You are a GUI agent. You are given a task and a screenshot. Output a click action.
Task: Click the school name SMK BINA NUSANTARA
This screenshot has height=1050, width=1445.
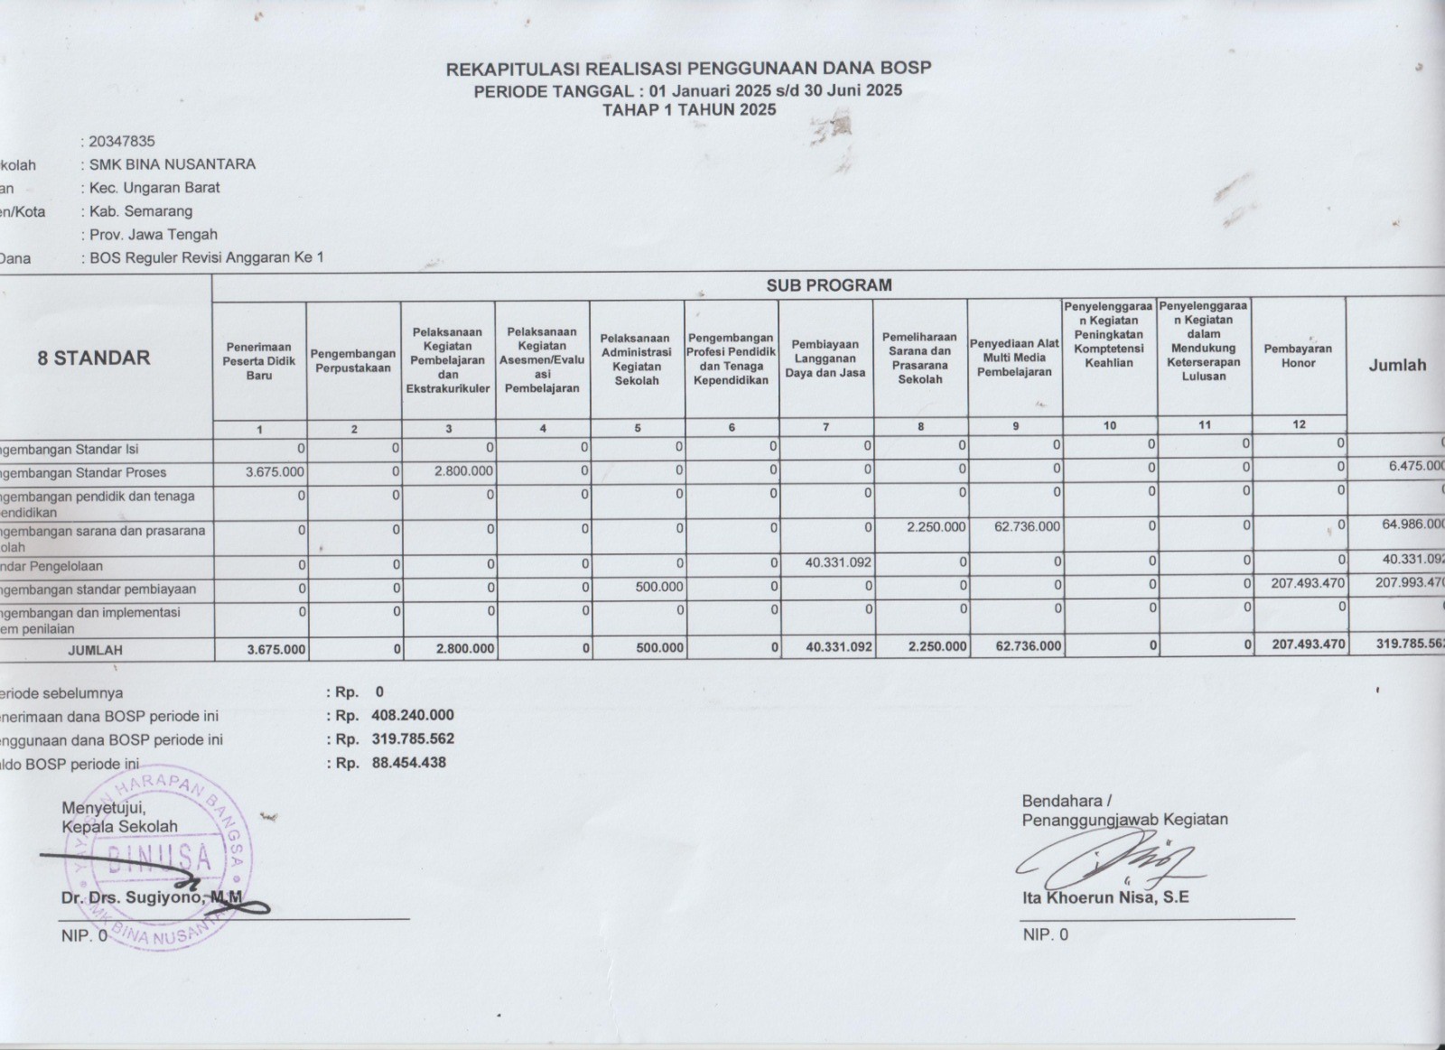[172, 164]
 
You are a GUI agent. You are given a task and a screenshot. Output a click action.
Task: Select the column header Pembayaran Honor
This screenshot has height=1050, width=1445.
[1298, 356]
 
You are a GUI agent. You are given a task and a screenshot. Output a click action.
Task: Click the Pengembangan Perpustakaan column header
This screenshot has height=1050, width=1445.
[353, 360]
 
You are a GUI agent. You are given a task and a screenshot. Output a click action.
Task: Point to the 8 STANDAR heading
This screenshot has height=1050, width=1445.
[94, 358]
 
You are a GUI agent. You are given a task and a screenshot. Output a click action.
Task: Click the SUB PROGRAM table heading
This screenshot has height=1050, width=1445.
[828, 285]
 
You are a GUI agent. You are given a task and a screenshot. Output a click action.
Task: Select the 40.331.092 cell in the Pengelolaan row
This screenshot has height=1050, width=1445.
[838, 562]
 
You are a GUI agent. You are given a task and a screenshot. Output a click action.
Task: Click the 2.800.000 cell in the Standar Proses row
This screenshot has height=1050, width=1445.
[463, 471]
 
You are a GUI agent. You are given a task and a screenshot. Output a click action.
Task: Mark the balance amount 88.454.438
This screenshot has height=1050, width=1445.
[408, 762]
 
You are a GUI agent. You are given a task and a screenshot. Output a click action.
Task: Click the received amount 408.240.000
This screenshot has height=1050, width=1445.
[412, 715]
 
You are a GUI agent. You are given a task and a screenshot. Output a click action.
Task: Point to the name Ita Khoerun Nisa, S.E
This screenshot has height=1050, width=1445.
[1105, 897]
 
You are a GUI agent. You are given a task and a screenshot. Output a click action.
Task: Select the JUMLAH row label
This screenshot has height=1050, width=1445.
[95, 649]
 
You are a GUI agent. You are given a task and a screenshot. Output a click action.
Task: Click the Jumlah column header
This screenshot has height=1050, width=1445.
[1396, 365]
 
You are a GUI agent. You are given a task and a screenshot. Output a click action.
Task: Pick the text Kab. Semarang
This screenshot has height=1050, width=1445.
[141, 211]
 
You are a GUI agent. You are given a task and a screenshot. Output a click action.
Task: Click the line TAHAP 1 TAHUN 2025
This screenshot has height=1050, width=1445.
[688, 110]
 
